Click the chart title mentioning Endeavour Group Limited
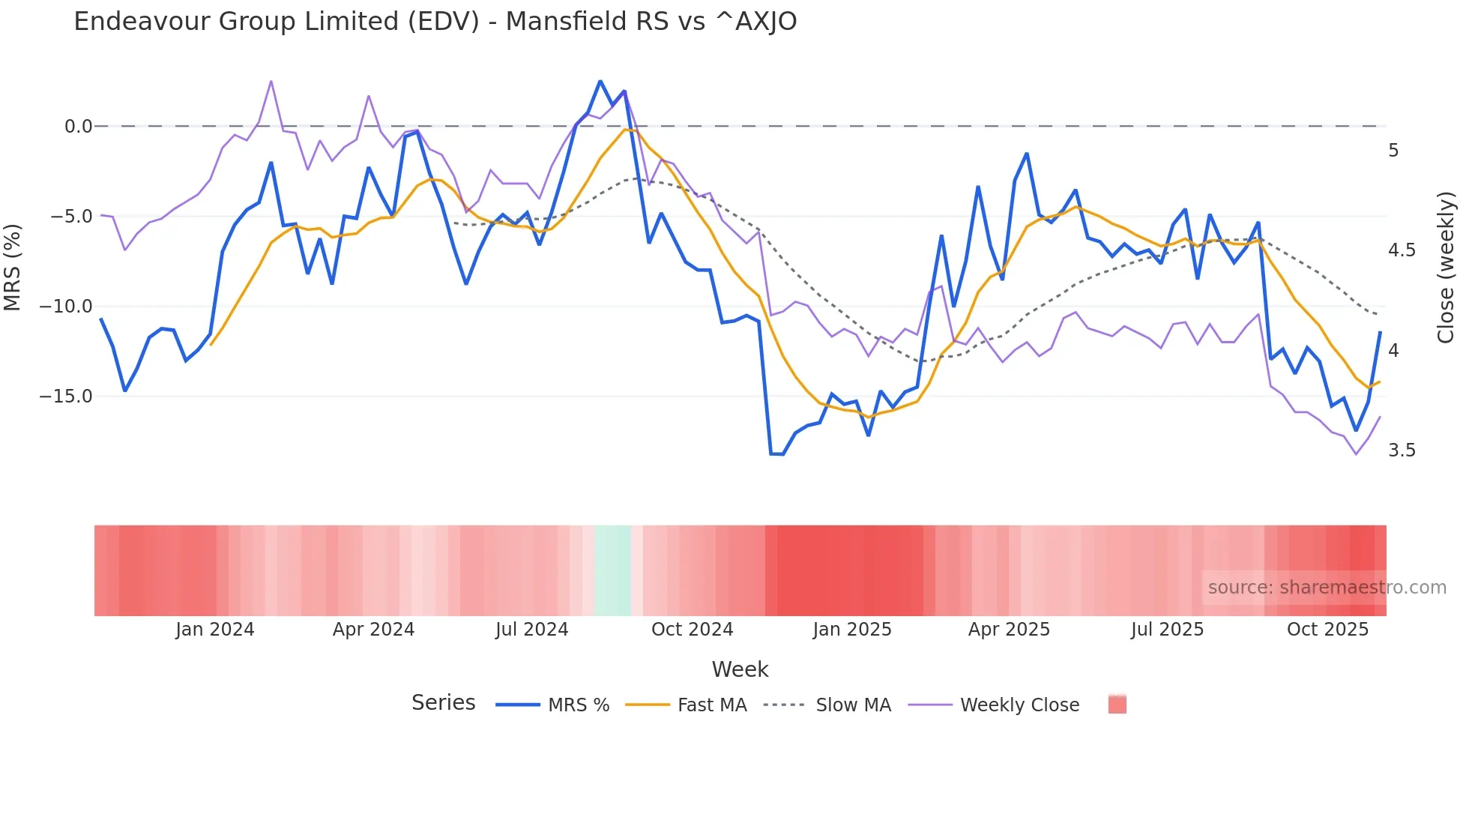tap(435, 22)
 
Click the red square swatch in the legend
tap(1117, 705)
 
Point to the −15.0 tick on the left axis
tap(66, 397)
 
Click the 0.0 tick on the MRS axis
tap(78, 127)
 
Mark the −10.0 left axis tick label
tap(66, 307)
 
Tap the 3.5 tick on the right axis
tap(1402, 450)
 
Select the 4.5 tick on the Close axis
tap(1402, 250)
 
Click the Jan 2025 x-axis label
tap(852, 630)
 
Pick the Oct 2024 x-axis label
tap(692, 630)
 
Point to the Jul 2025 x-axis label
tap(1167, 630)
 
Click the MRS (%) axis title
tap(13, 268)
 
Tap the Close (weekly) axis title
tap(1446, 268)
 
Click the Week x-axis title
tap(740, 669)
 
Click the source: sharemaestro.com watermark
tap(1327, 588)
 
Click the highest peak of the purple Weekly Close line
tap(271, 81)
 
